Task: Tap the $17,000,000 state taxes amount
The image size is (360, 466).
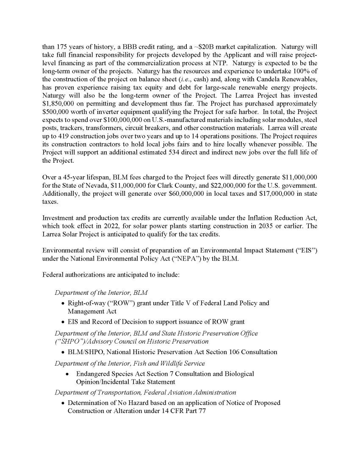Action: (280, 194)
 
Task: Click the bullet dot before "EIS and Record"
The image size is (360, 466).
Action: (63, 322)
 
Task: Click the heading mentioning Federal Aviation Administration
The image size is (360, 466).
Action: (145, 393)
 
